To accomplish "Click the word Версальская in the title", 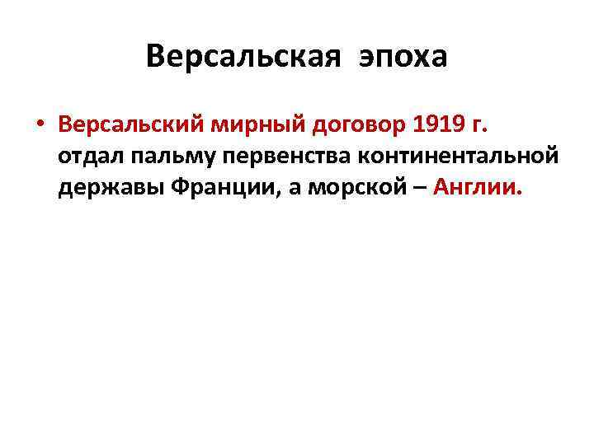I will coord(244,58).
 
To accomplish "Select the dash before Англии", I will coord(417,188).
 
